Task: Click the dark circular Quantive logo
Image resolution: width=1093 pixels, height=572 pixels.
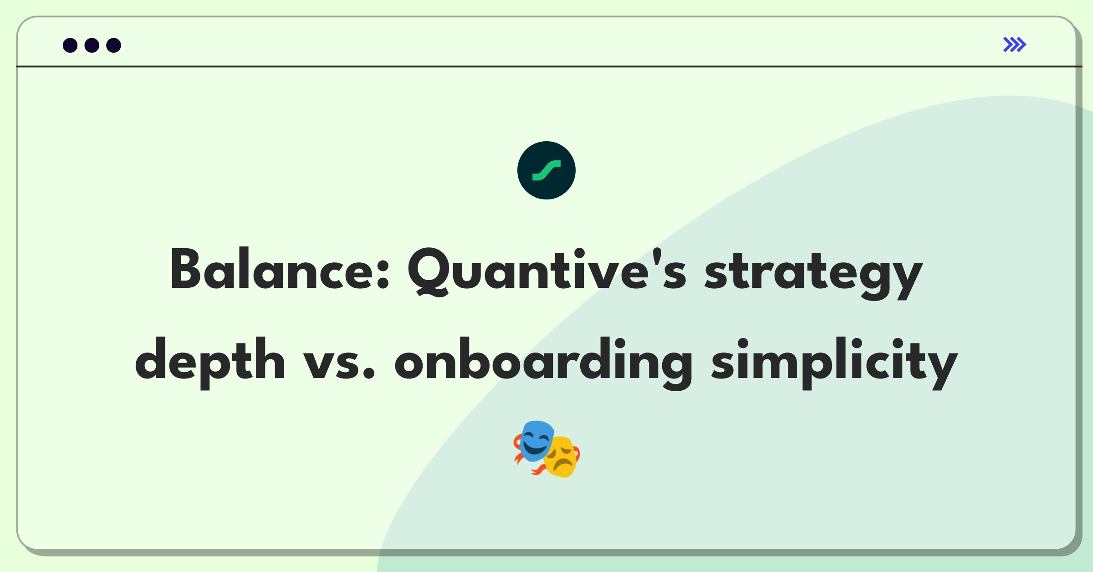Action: [x=546, y=170]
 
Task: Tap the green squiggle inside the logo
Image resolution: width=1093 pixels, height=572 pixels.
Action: [x=546, y=170]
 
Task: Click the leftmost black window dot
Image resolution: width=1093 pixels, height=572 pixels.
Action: [x=70, y=45]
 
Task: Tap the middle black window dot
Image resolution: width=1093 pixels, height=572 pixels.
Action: [x=92, y=45]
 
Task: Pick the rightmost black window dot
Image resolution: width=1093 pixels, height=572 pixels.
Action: [x=114, y=45]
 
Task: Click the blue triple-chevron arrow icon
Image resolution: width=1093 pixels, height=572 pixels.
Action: [x=1015, y=45]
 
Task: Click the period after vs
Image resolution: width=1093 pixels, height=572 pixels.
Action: [x=369, y=373]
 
